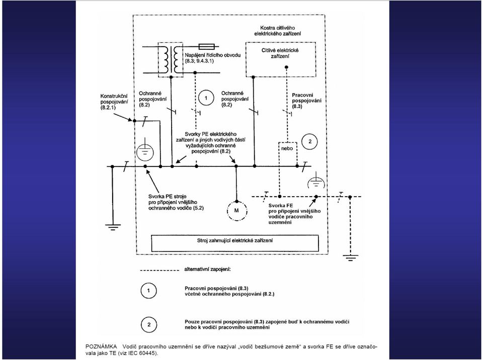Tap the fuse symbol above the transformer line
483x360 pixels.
(207, 46)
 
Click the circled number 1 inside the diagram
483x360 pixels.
(206, 98)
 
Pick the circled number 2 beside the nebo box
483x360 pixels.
(309, 142)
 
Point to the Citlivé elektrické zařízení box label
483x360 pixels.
(280, 53)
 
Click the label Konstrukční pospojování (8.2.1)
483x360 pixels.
(114, 102)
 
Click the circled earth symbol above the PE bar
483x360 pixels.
(145, 153)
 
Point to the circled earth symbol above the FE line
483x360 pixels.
(316, 182)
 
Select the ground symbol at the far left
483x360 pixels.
(113, 227)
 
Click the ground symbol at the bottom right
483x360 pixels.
(350, 258)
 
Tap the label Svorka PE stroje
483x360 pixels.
(167, 197)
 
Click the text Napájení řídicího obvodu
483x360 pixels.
(212, 55)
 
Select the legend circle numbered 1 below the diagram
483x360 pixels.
(149, 291)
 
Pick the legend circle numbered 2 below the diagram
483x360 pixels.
(149, 325)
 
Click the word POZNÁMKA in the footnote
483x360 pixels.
(101, 347)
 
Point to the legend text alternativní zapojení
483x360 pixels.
(208, 269)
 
